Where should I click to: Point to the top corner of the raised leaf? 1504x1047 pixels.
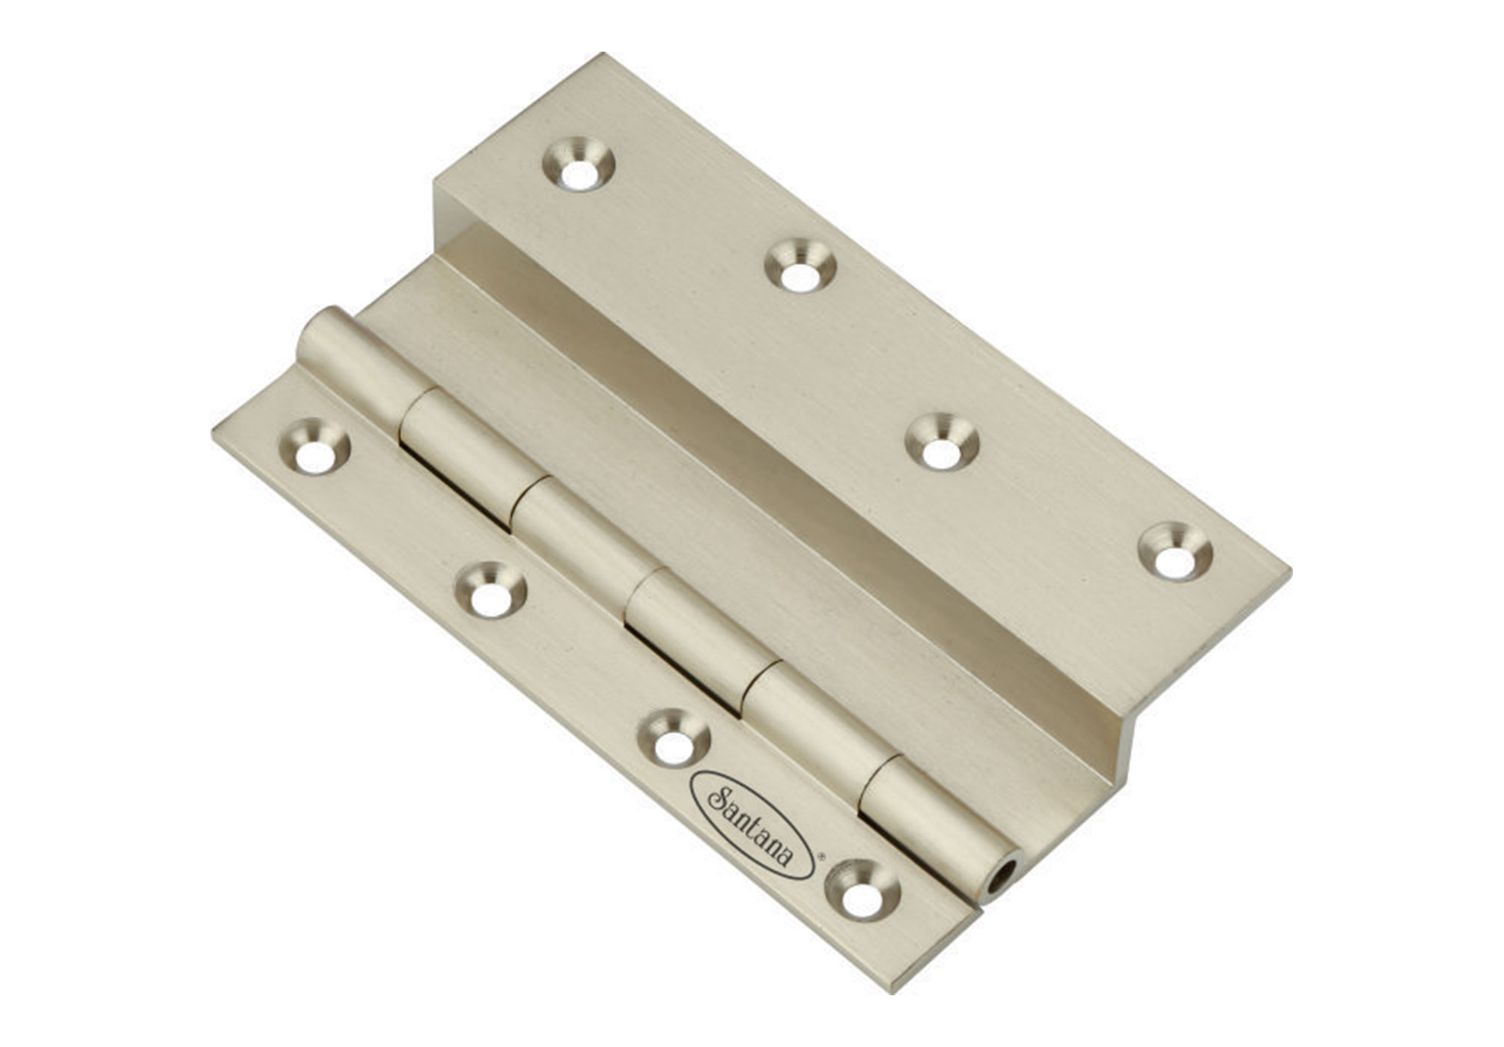(x=602, y=55)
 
